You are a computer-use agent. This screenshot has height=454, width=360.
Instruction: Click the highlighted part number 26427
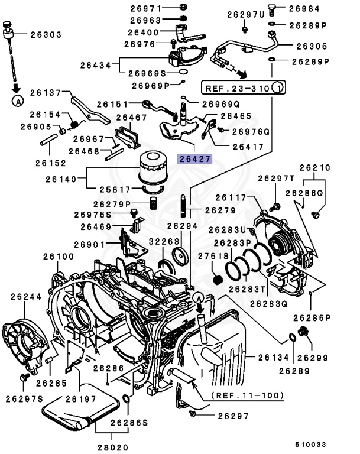(195, 158)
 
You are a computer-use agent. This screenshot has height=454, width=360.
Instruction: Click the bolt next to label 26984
(273, 8)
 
